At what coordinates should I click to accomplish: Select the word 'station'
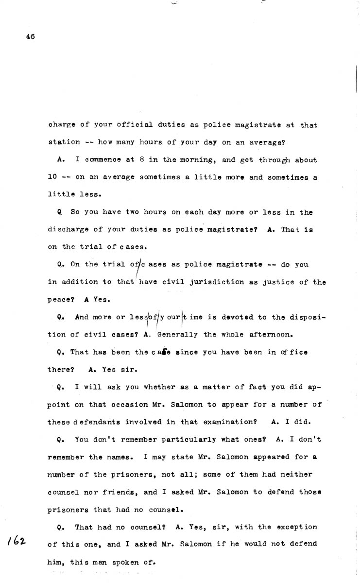pos(65,142)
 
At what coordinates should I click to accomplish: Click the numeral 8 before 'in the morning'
pos(140,160)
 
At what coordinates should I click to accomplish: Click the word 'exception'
pos(296,527)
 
